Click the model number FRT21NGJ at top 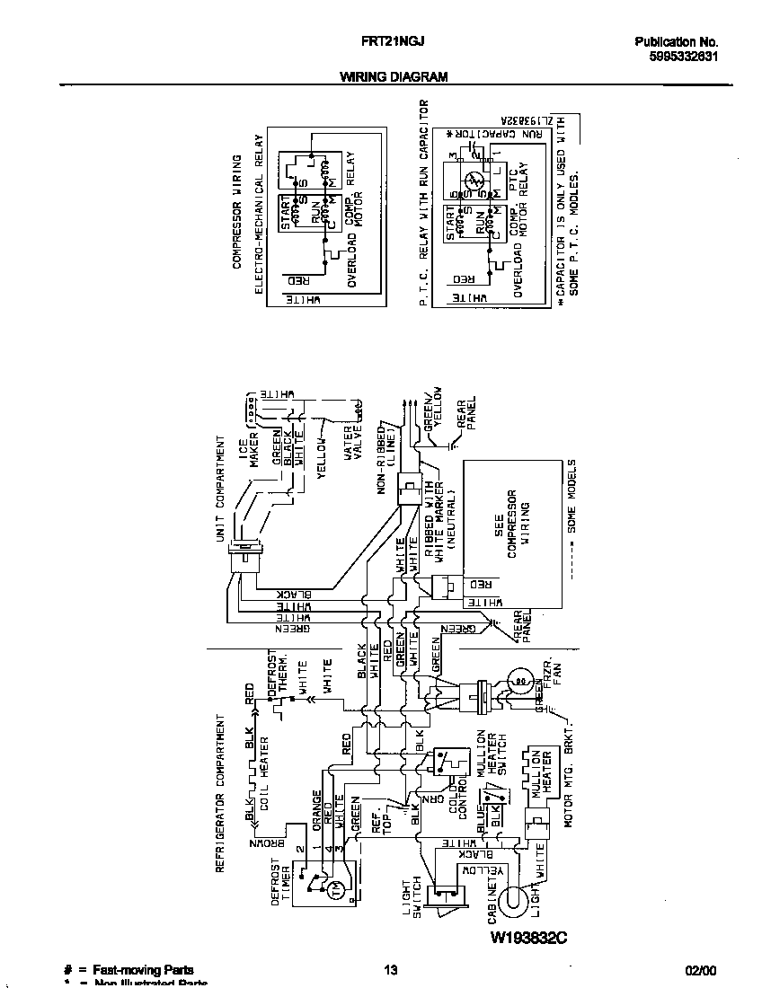coord(379,41)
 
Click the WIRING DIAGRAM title coord(394,77)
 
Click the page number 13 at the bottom coord(390,970)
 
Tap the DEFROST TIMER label coord(281,885)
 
